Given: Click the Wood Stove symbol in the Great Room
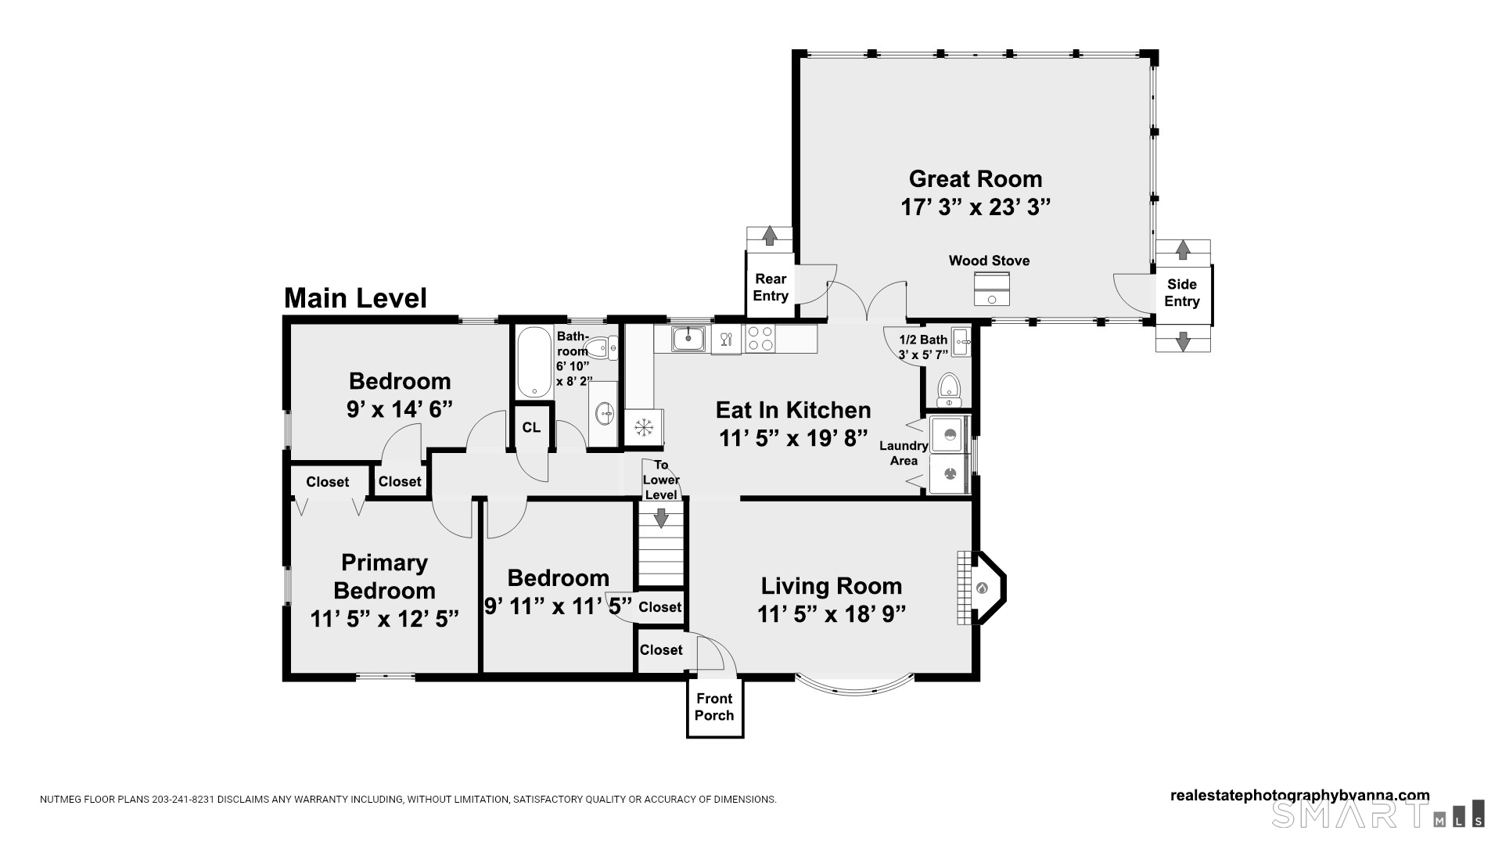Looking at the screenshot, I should [x=992, y=289].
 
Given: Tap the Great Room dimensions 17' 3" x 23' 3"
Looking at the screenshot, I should [x=975, y=207].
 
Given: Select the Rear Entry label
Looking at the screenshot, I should [x=771, y=287].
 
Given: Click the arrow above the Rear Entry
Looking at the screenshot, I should [x=769, y=236].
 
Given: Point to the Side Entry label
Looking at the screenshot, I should [x=1181, y=293].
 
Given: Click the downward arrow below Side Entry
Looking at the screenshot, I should [x=1183, y=340].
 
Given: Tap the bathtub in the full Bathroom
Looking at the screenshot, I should [x=534, y=361].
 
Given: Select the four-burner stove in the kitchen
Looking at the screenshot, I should [x=760, y=339].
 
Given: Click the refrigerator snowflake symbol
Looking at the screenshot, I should [x=644, y=427].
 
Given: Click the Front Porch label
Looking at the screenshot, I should [x=714, y=707].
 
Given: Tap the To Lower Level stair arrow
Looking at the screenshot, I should [x=661, y=517].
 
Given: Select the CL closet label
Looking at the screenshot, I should [x=531, y=427].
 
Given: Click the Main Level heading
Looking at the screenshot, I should [x=355, y=298].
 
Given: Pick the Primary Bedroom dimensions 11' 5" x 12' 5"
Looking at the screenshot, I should [x=384, y=619].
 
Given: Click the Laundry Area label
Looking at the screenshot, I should [x=904, y=453].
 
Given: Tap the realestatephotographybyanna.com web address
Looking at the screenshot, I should [x=1299, y=795].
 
